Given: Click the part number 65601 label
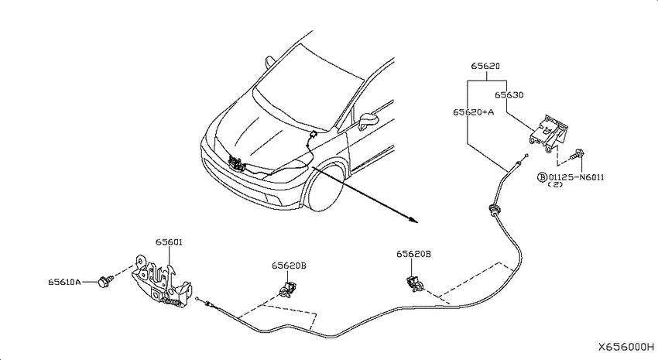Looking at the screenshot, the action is point(169,242).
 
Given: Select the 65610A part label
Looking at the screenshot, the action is point(64,282).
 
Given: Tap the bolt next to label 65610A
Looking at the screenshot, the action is point(105,281).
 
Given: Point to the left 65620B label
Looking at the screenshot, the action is point(289,266).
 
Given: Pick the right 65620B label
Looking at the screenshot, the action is point(414,254).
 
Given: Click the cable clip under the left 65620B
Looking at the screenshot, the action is point(287,290).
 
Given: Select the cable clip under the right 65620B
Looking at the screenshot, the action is point(415,284).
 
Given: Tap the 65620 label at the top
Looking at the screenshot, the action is point(485,66).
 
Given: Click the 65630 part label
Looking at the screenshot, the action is point(509,94).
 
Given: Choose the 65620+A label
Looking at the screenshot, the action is point(473,112).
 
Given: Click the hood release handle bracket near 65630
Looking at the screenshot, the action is point(549,133).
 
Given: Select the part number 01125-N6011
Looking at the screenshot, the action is point(576,177).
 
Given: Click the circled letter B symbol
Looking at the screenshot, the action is point(542,177).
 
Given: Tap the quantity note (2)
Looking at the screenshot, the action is point(556,184).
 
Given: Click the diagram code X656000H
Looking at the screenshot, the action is point(626,347).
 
